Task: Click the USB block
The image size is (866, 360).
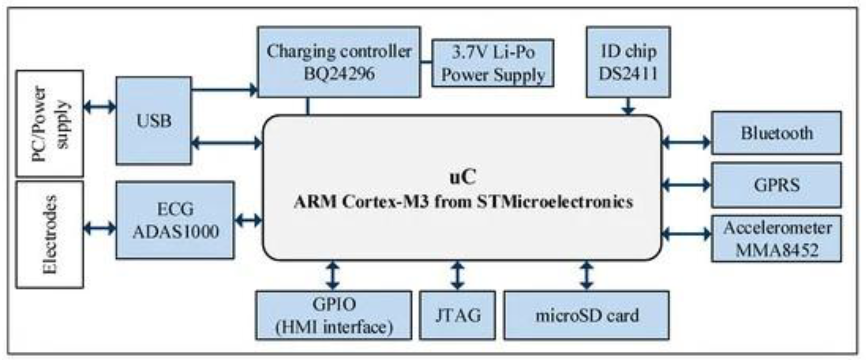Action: pyautogui.click(x=154, y=120)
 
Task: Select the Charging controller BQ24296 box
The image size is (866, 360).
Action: pyautogui.click(x=339, y=62)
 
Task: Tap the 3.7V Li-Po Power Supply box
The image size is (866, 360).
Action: pyautogui.click(x=493, y=63)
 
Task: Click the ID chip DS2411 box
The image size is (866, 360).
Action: pyautogui.click(x=628, y=62)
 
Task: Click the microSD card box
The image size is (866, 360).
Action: pyautogui.click(x=587, y=315)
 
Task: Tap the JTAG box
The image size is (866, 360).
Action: pyautogui.click(x=457, y=315)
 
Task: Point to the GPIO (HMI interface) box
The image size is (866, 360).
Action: pyautogui.click(x=334, y=315)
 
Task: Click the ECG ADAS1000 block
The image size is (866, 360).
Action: pyautogui.click(x=175, y=220)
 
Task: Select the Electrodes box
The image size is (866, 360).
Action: pyautogui.click(x=50, y=235)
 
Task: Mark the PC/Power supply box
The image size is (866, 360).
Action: pyautogui.click(x=50, y=123)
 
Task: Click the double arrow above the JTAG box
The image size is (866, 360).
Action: pyautogui.click(x=457, y=276)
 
